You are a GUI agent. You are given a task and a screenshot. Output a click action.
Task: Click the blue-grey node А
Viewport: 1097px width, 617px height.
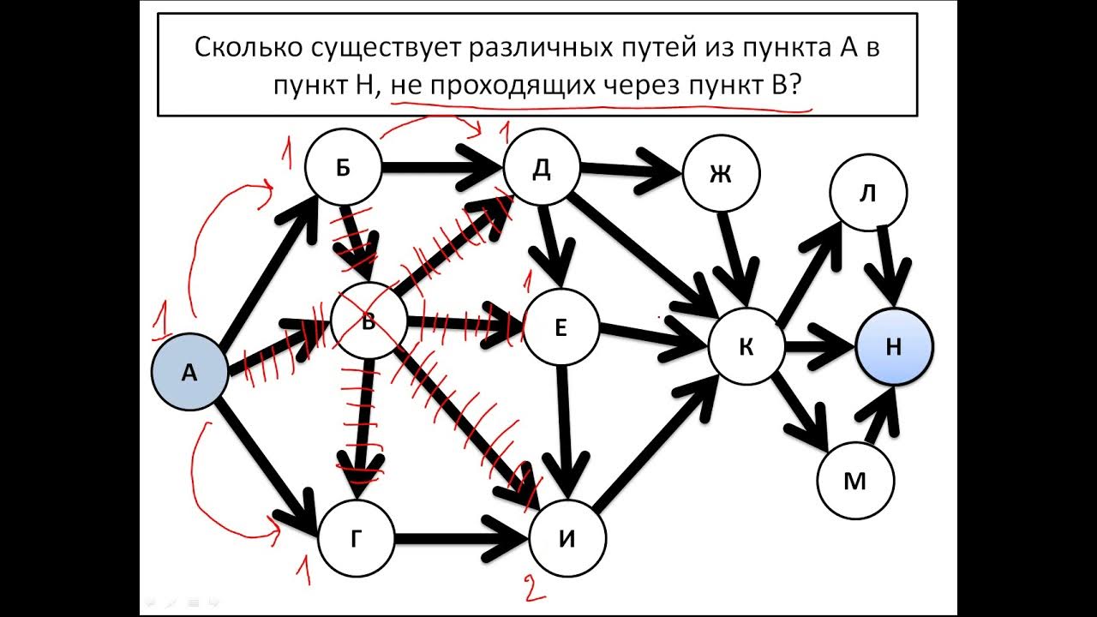(189, 373)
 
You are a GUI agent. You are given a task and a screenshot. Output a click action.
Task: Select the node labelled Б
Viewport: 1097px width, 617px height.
(342, 169)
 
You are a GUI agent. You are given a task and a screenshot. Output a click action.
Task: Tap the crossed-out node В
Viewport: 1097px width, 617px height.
(369, 323)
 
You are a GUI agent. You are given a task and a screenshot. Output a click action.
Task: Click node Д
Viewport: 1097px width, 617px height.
(541, 169)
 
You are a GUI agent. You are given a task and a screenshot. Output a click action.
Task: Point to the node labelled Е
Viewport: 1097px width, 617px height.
(560, 328)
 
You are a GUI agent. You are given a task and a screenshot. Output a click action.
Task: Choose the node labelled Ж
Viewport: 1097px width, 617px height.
(721, 174)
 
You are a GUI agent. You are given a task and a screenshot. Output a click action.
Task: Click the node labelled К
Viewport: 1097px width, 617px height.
(746, 347)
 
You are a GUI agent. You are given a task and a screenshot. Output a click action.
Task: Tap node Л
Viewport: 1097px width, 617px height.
(867, 194)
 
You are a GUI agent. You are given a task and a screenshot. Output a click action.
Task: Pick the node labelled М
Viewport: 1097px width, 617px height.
(854, 482)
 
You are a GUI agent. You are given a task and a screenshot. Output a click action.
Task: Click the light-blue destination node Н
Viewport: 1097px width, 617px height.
(894, 347)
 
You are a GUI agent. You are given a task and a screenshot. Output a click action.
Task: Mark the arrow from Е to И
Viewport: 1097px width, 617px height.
(564, 428)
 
